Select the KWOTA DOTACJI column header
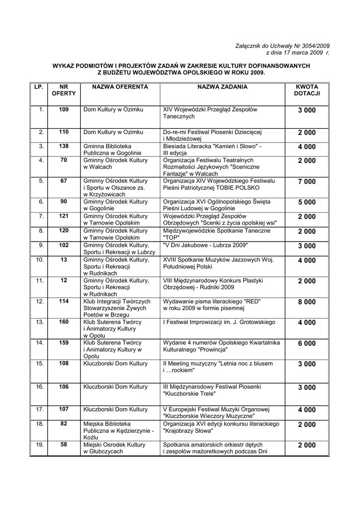tap(307, 90)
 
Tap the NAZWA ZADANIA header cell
tap(222, 87)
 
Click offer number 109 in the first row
tap(64, 109)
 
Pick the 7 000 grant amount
tap(307, 182)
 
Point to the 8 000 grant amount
tap(307, 302)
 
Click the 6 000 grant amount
tap(307, 343)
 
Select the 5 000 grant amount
tap(307, 202)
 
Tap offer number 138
tap(64, 147)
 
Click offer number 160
tap(64, 322)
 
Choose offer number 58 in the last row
tap(64, 445)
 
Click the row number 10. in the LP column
tap(40, 260)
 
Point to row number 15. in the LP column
tap(40, 364)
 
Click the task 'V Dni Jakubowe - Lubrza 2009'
tap(205, 246)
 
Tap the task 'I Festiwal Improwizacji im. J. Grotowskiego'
tap(219, 323)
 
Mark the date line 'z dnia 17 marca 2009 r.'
tap(298, 52)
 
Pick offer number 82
tap(64, 424)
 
